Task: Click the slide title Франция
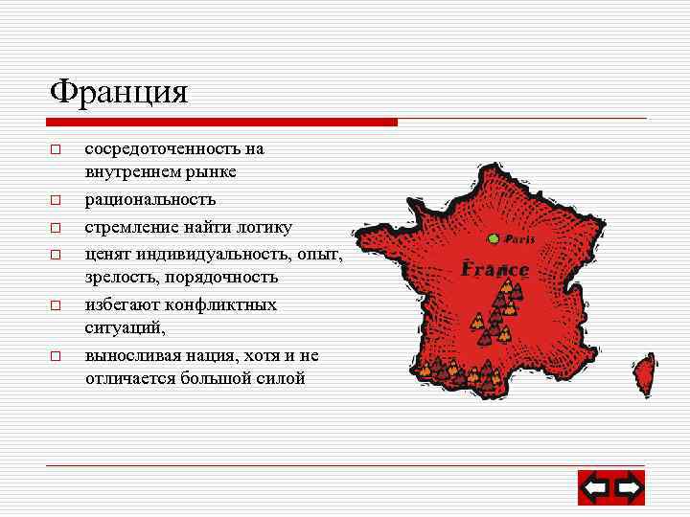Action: click(120, 92)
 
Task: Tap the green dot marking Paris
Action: click(493, 238)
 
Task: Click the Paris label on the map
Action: click(519, 239)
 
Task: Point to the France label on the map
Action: click(494, 269)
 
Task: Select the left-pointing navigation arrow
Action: click(595, 488)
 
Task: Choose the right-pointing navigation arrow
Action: click(629, 488)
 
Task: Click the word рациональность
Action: click(150, 200)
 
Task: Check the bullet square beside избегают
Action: click(56, 306)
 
